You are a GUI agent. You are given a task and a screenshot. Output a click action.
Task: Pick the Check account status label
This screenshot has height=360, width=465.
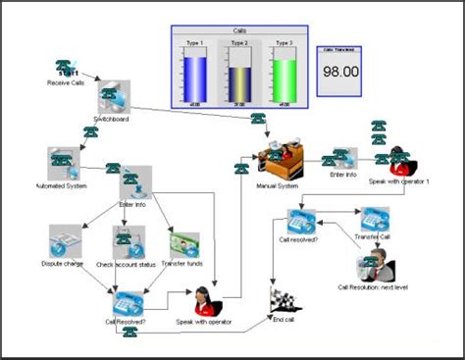click(x=128, y=264)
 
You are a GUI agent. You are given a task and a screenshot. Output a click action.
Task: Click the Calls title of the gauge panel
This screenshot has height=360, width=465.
click(x=239, y=31)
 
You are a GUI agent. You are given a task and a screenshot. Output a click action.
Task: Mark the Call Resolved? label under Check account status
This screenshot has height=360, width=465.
click(x=127, y=320)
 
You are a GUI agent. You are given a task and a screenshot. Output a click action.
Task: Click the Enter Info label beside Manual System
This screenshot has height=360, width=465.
click(x=343, y=175)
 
